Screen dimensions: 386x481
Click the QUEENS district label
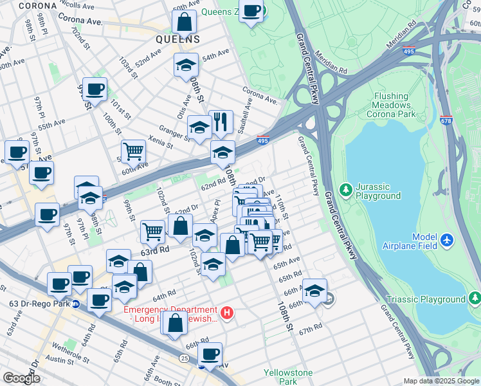[177, 39]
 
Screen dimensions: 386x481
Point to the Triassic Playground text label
[425, 300]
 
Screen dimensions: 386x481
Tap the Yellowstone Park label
[288, 377]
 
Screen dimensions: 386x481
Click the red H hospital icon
[226, 313]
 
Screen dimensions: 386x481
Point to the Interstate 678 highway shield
[446, 138]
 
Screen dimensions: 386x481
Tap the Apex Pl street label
[216, 207]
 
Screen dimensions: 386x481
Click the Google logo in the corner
[21, 378]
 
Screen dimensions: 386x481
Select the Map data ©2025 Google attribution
[440, 381]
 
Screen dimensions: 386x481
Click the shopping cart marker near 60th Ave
[133, 152]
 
